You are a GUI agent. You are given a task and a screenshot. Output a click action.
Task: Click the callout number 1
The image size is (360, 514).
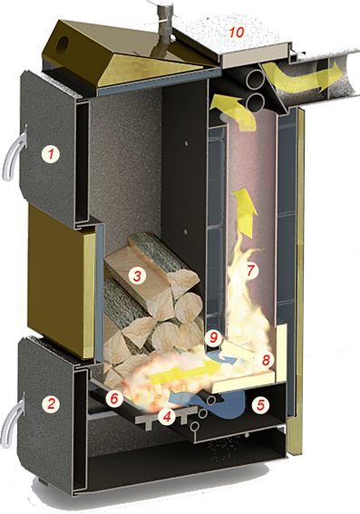click(51, 154)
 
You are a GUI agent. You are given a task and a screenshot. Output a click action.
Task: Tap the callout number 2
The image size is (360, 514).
click(51, 403)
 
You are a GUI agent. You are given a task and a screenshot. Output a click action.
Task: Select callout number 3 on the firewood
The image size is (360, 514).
click(137, 276)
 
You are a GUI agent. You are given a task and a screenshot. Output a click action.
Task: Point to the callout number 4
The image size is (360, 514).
click(167, 417)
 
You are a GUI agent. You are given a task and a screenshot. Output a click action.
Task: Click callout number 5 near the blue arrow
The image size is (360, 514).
click(260, 405)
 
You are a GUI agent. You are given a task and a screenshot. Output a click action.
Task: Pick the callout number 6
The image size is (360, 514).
click(113, 398)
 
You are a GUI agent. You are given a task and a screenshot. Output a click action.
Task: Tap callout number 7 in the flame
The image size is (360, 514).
click(250, 271)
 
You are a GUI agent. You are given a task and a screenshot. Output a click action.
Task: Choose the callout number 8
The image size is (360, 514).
click(266, 360)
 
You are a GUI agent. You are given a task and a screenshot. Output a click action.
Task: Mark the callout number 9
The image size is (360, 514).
click(213, 337)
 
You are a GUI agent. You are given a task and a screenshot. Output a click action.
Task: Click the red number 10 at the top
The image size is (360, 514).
click(237, 33)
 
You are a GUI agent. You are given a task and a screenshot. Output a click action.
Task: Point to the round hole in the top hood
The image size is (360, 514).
click(63, 44)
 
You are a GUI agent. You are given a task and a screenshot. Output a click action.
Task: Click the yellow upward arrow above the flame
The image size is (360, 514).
click(245, 213)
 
